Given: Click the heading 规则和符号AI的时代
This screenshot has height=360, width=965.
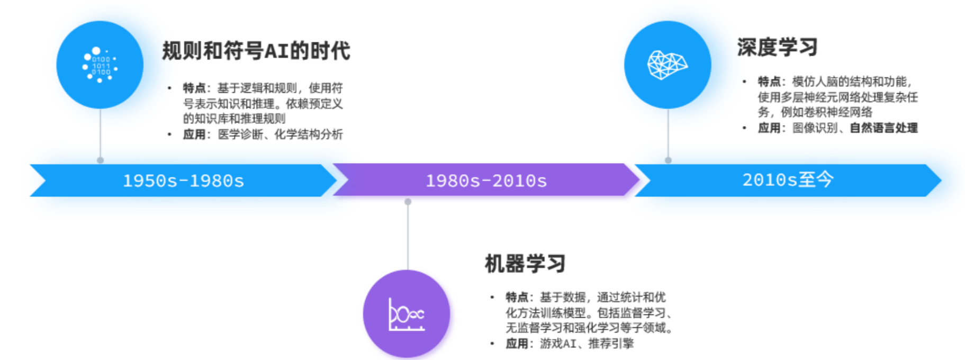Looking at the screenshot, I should (256, 51).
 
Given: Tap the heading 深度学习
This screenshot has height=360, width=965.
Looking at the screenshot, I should (777, 47).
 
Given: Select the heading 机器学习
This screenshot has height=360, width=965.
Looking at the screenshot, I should (525, 263).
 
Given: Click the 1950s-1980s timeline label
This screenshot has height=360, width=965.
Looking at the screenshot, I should (183, 181).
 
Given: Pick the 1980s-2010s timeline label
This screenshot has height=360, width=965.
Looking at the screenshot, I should (486, 181).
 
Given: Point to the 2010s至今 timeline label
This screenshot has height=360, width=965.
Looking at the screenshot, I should (788, 180).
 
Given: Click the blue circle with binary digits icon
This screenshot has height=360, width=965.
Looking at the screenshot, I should (100, 65).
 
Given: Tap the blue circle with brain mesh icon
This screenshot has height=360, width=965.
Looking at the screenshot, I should (668, 65).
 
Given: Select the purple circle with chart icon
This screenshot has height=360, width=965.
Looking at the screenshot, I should (407, 314).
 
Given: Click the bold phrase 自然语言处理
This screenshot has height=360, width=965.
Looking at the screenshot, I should (883, 128).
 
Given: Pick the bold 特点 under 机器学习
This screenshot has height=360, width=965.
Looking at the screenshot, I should (517, 297).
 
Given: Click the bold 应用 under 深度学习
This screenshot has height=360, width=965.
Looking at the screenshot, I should (769, 128).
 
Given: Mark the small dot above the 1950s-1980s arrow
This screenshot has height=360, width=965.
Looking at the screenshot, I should (100, 160).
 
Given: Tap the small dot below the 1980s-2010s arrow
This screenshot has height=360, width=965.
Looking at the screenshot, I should (408, 202).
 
